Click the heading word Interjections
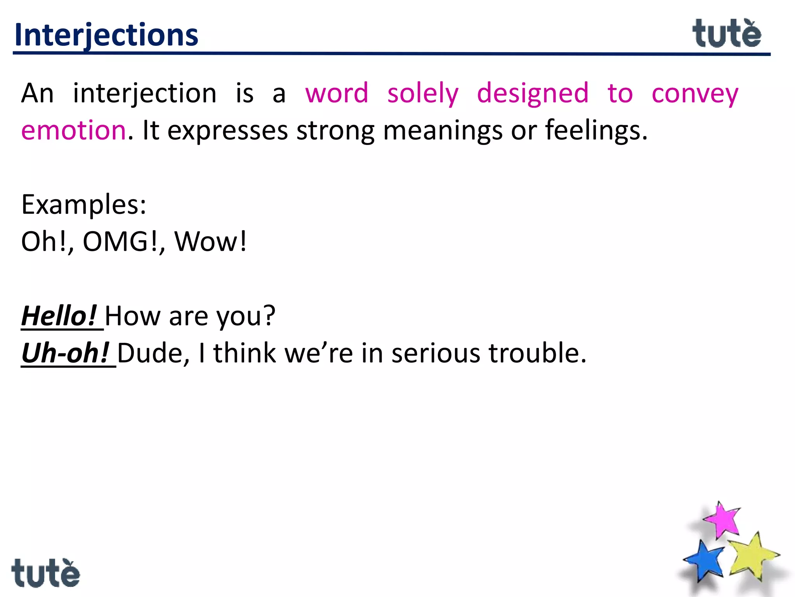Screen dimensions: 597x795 (106, 35)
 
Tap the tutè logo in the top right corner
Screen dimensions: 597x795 (727, 34)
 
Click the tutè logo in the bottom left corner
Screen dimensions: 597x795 (45, 573)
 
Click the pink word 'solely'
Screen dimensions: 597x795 (423, 94)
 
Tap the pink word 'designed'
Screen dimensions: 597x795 (533, 94)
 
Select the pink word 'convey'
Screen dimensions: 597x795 (695, 94)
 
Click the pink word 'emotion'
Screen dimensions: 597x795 (74, 130)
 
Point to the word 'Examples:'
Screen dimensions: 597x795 (83, 204)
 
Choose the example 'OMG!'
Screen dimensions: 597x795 (120, 242)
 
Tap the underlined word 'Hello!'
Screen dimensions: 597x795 (59, 316)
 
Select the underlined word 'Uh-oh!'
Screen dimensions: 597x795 (65, 353)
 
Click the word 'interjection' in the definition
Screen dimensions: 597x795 (145, 94)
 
